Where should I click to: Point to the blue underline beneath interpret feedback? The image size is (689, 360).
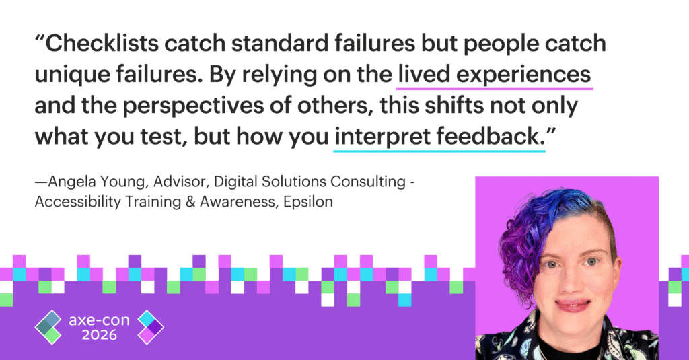point(439,151)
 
